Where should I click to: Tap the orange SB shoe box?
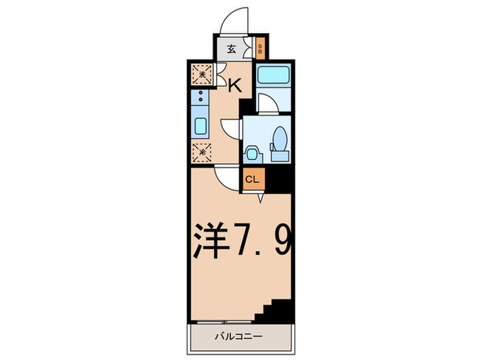(260, 49)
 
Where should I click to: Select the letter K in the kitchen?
(234, 86)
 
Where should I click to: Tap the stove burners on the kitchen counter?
(200, 97)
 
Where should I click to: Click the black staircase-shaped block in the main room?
(277, 306)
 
